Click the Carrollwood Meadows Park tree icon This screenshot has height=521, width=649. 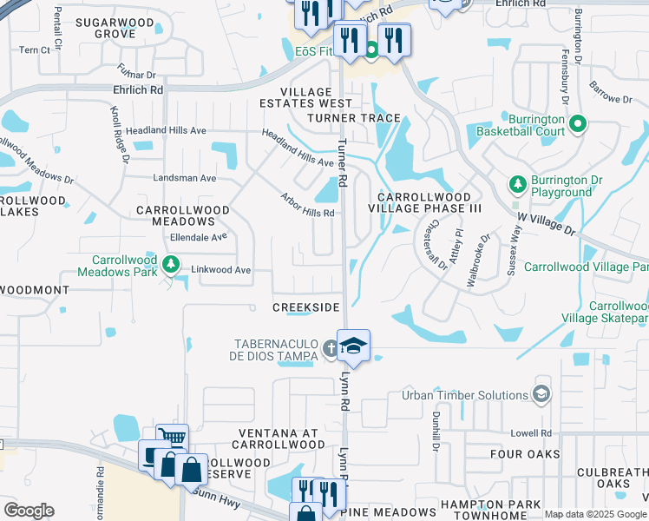(x=172, y=262)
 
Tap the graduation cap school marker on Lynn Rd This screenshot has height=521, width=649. (x=353, y=346)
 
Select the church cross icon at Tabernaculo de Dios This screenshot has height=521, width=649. (x=330, y=349)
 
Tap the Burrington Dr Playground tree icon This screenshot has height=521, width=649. (x=517, y=184)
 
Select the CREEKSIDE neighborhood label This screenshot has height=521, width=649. (x=306, y=308)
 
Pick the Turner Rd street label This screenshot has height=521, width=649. (x=343, y=162)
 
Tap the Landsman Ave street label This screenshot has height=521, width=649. (x=184, y=178)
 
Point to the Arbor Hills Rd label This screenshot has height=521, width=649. (x=307, y=206)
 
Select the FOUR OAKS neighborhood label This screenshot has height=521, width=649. (x=518, y=454)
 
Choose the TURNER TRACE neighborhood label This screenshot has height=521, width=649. (x=353, y=118)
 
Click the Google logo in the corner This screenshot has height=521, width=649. (x=29, y=511)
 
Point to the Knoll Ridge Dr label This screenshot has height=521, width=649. (x=119, y=135)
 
